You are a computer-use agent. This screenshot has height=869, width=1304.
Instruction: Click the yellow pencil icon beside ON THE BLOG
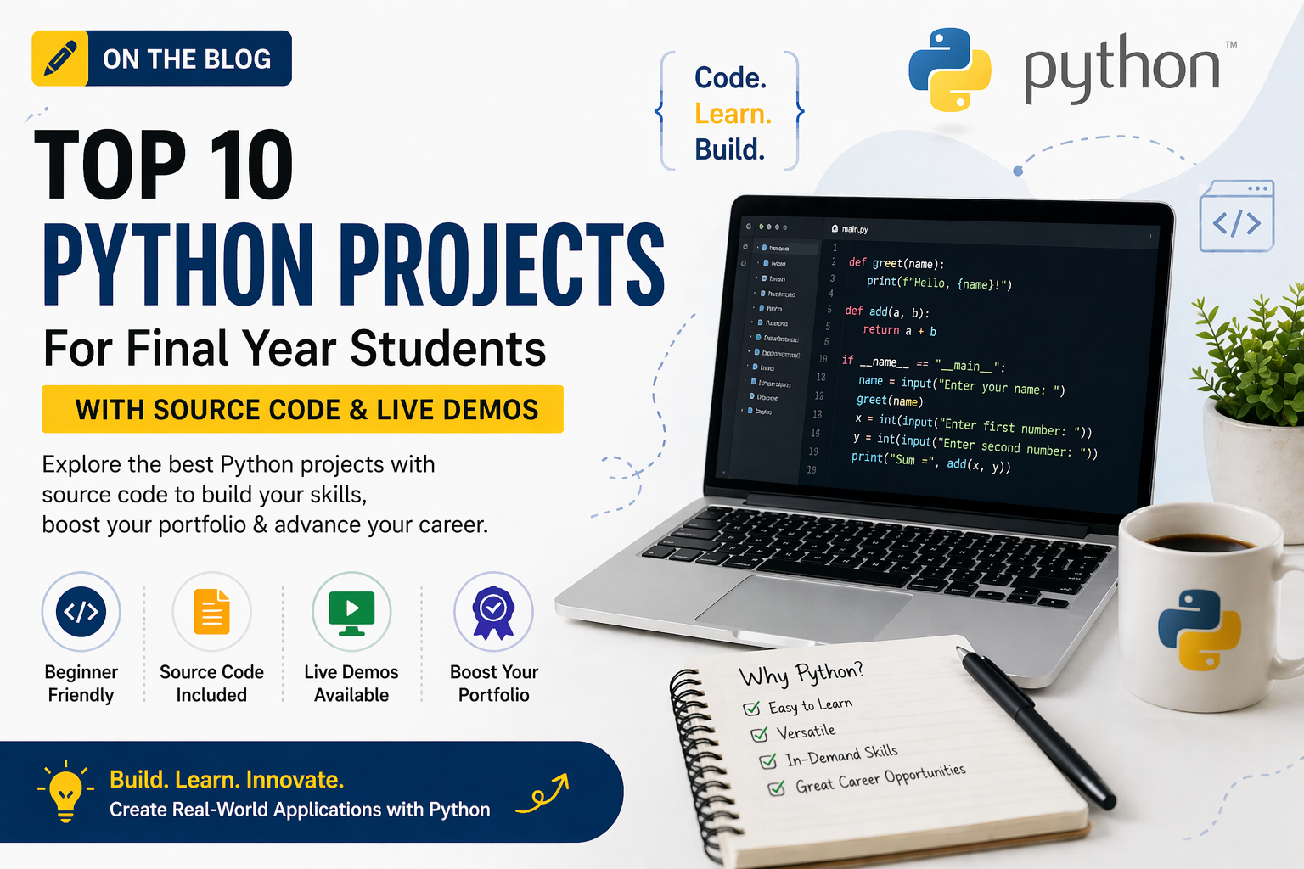[59, 59]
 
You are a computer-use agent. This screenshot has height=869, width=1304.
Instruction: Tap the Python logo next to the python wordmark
[949, 70]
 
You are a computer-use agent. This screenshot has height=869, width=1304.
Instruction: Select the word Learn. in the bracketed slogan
[733, 114]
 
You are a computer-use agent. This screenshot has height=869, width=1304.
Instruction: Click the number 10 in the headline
[250, 165]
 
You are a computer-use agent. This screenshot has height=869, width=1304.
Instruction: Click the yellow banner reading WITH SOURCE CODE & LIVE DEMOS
[303, 409]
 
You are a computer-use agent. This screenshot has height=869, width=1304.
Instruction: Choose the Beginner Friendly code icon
[81, 611]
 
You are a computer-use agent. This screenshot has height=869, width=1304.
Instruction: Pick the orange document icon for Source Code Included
[211, 611]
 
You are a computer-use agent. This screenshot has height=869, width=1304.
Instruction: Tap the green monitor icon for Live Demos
[351, 611]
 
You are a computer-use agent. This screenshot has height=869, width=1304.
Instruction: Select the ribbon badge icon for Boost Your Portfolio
[493, 612]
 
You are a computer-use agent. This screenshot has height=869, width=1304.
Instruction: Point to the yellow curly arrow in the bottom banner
[543, 793]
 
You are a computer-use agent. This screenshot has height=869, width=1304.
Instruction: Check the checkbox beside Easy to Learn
[751, 709]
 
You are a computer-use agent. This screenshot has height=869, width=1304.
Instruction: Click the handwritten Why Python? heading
[801, 674]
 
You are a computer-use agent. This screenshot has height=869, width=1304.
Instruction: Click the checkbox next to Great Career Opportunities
[776, 788]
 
